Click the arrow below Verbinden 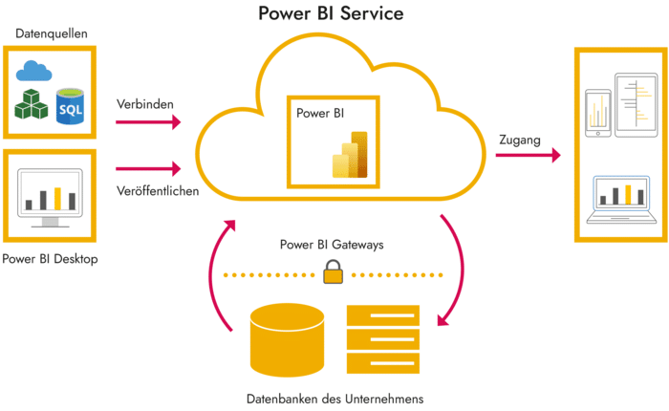point(148,121)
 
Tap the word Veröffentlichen point(157,190)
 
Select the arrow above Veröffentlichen point(148,169)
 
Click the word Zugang point(519,141)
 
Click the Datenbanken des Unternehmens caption point(334,398)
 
